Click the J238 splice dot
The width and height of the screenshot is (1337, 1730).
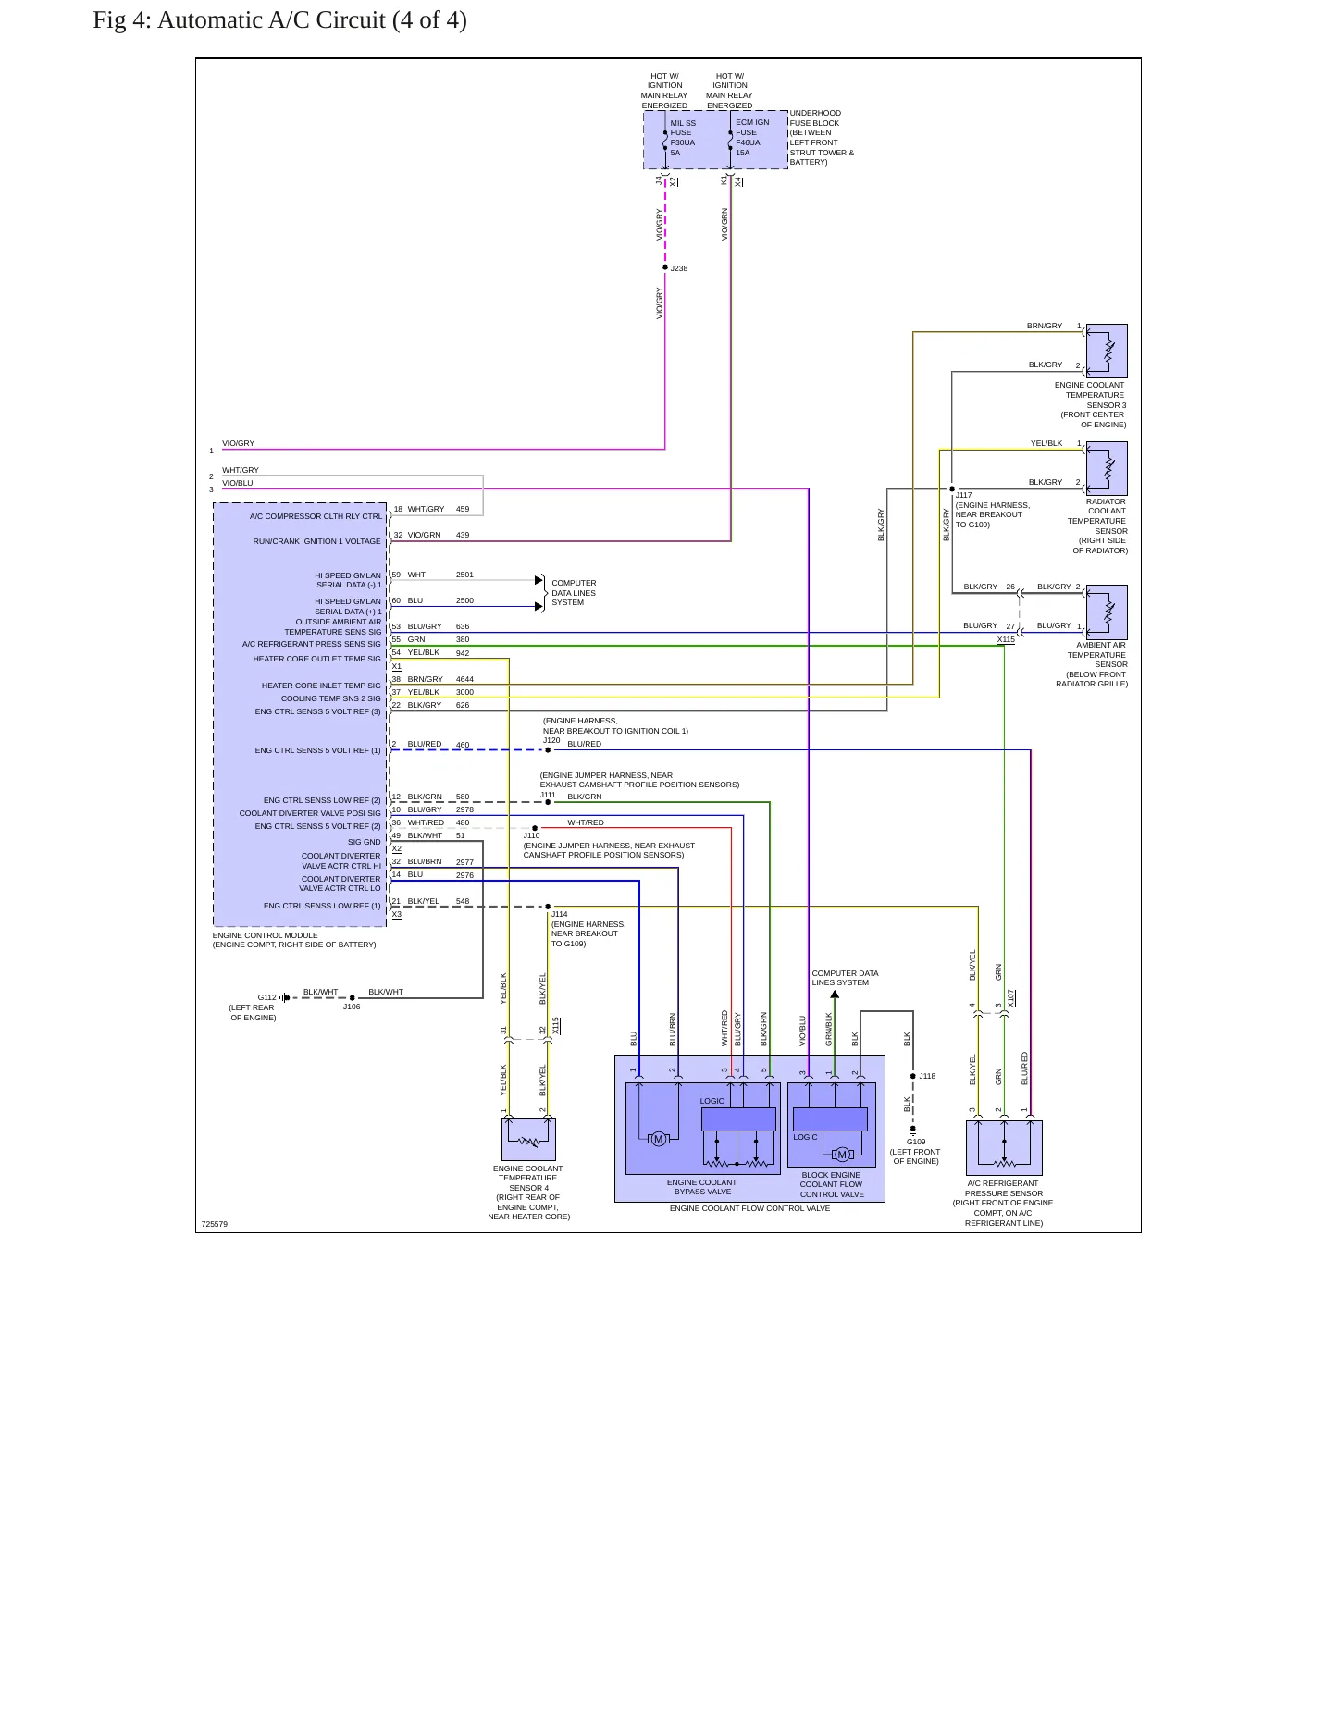[x=665, y=267]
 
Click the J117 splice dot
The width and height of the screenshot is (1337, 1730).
[x=952, y=488]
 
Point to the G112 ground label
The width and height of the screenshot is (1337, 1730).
[x=266, y=997]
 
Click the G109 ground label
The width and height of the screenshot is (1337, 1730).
[x=916, y=1142]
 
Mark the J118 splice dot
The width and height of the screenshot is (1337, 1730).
[x=913, y=1076]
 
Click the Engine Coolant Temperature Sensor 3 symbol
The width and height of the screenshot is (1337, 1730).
[x=1107, y=351]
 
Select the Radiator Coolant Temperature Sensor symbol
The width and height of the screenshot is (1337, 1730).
[x=1107, y=468]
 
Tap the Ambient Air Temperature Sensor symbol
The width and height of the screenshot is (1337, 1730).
[x=1107, y=612]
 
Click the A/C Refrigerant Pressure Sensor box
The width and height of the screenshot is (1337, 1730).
[x=1004, y=1147]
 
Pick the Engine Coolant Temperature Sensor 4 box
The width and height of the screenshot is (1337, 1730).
[x=528, y=1139]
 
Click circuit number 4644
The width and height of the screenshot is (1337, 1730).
[x=464, y=679]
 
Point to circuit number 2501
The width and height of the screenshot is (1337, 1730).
[x=464, y=575]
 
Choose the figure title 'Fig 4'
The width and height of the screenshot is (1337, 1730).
[x=120, y=20]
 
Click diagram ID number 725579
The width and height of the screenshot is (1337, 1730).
[x=215, y=1224]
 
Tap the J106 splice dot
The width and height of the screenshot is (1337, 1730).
[x=352, y=997]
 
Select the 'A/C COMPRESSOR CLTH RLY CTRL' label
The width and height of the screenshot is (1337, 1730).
[x=316, y=516]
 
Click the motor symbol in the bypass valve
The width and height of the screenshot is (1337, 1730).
[x=658, y=1139]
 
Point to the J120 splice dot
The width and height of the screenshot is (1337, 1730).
[x=548, y=750]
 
